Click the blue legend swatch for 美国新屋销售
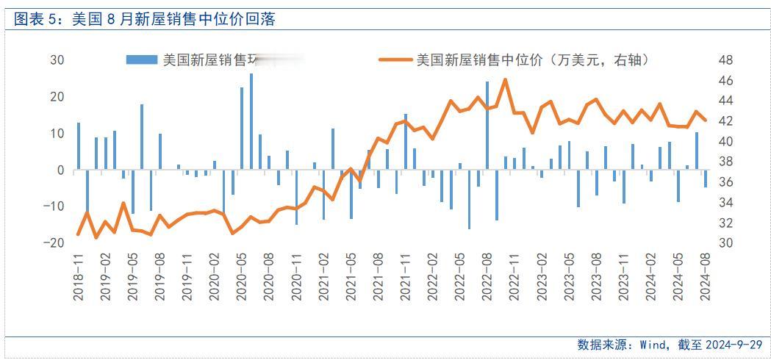(142, 60)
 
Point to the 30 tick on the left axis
(57, 60)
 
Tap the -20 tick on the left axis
(54, 243)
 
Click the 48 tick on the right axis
(724, 60)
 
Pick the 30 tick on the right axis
(724, 243)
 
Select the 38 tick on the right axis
(724, 162)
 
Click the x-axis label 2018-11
(79, 277)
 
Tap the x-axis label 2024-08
(706, 277)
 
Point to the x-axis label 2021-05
(351, 277)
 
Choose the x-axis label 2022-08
(487, 277)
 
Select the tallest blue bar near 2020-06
(251, 121)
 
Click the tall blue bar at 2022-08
(487, 136)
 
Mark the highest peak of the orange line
(505, 80)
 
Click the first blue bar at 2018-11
(79, 146)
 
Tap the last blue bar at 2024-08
(706, 179)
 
